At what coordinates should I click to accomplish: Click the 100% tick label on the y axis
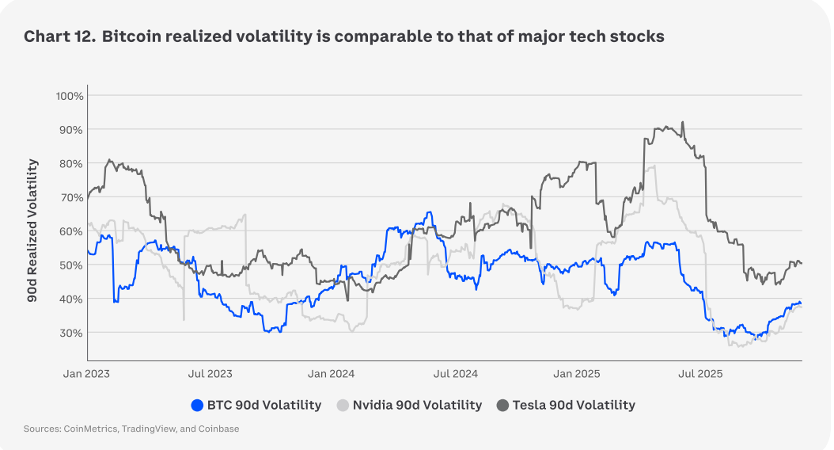[x=69, y=96]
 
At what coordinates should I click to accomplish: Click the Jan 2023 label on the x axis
[x=86, y=372]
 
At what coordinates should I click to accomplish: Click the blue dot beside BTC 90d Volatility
[x=197, y=406]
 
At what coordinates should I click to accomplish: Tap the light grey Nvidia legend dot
[x=343, y=406]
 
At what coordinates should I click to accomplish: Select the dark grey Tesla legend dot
[x=502, y=406]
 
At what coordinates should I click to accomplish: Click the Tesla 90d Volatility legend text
[x=574, y=406]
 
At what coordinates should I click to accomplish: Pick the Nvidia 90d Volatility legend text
[x=417, y=406]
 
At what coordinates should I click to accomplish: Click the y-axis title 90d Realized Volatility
[x=33, y=231]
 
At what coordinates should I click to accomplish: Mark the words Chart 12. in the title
[x=55, y=36]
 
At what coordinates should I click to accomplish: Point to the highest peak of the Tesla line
[x=682, y=123]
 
